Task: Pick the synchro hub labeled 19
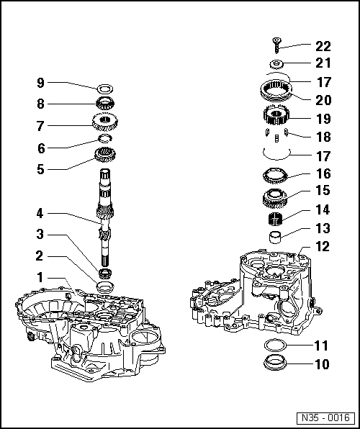pos(277,115)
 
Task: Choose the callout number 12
pos(322,246)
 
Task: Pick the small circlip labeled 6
pos(106,139)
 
